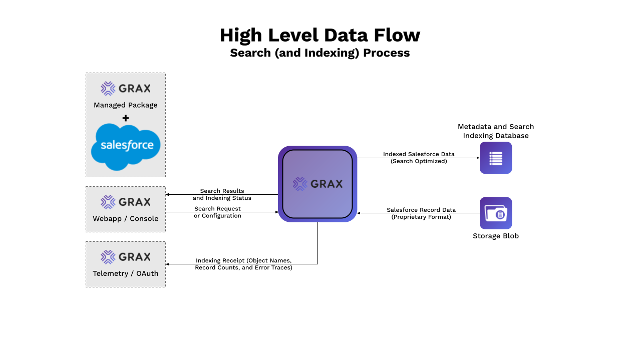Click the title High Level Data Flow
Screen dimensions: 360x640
[x=319, y=36]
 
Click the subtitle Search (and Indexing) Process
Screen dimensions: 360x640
[x=319, y=53]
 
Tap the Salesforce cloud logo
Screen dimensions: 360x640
[x=126, y=147]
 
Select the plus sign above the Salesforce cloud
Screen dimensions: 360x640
[x=126, y=118]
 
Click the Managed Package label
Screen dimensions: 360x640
[x=126, y=105]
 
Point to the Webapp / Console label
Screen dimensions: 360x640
[x=126, y=218]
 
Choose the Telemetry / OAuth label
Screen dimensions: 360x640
[x=126, y=273]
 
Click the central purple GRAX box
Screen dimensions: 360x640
[x=317, y=184]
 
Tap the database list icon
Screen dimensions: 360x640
[x=496, y=158]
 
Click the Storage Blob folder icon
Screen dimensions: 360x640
[x=496, y=213]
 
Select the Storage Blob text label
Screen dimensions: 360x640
[x=496, y=236]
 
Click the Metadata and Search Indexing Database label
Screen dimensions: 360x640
[x=496, y=131]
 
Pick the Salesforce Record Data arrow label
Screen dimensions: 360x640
[x=421, y=213]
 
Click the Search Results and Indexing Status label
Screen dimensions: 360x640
[x=222, y=194]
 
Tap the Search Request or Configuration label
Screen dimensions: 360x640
[x=217, y=212]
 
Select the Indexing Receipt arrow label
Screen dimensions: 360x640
[x=243, y=264]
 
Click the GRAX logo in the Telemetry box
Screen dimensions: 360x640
[x=126, y=257]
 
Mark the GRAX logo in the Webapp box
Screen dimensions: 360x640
[x=126, y=202]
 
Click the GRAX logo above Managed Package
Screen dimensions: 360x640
[x=126, y=89]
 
